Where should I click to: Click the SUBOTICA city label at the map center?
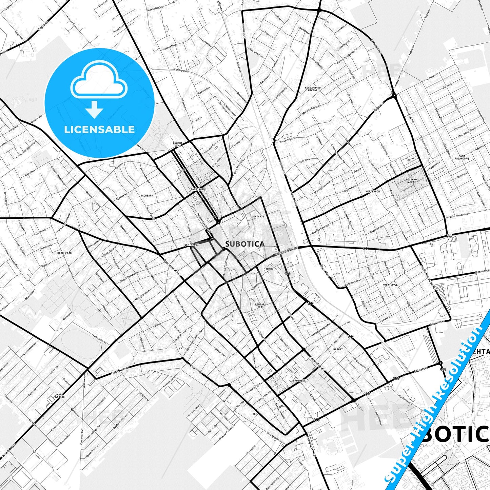[244, 244]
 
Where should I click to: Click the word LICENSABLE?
[99, 129]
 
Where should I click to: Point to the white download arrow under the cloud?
[94, 109]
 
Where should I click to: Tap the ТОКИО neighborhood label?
[270, 269]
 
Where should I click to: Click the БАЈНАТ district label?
[338, 349]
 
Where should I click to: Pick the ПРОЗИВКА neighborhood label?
[299, 380]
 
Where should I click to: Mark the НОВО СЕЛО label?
[65, 253]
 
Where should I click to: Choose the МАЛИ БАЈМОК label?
[60, 395]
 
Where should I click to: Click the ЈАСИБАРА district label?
[147, 196]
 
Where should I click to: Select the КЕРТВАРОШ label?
[372, 192]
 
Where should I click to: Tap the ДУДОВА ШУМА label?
[178, 144]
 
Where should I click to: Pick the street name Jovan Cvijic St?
[286, 138]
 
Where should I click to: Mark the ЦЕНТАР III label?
[260, 306]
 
